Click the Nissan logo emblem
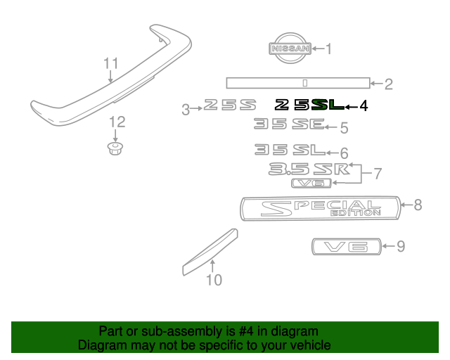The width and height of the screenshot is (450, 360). tap(289, 49)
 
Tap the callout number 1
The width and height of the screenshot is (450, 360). tap(327, 49)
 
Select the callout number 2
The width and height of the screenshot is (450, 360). tap(387, 85)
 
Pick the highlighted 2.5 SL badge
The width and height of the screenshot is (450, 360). tap(309, 105)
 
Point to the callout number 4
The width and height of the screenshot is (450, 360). tap(364, 106)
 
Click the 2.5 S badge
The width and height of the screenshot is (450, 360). tap(229, 107)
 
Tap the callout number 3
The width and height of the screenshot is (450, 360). tap(186, 109)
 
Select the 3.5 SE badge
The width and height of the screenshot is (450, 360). tap(288, 126)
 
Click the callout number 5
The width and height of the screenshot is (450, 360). tap(344, 128)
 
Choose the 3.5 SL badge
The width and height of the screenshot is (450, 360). tap(289, 150)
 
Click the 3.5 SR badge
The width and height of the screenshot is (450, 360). tap(309, 169)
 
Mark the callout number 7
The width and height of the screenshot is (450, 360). tap(377, 172)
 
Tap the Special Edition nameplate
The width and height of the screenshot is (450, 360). tap(320, 207)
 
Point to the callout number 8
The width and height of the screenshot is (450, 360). tap(418, 205)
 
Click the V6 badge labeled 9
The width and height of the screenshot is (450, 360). tap(345, 246)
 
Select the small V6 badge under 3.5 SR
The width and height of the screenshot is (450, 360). tap(311, 184)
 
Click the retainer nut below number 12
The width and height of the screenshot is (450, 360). tap(113, 149)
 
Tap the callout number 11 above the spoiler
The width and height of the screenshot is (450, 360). tap(111, 64)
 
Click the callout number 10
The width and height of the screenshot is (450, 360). tap(214, 280)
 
